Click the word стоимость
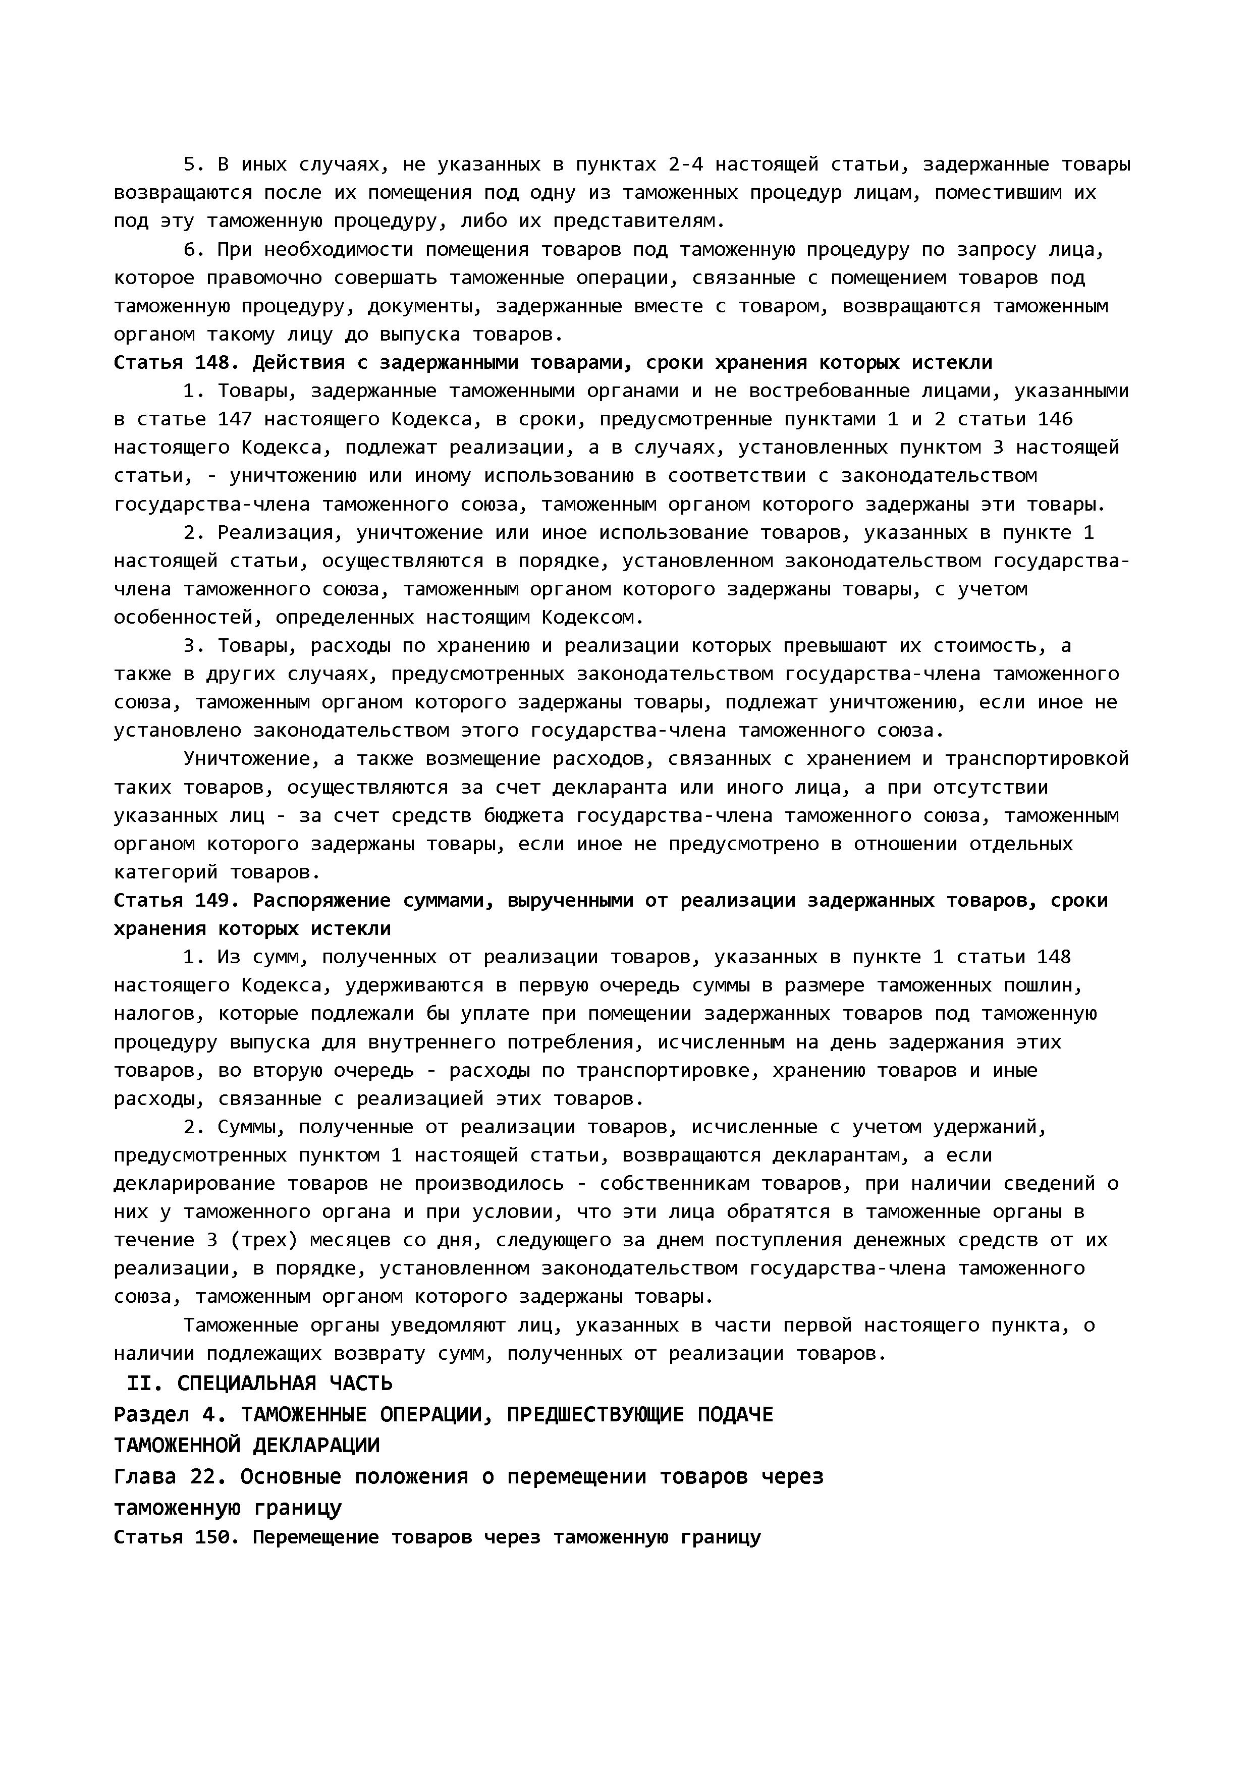[978, 646]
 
